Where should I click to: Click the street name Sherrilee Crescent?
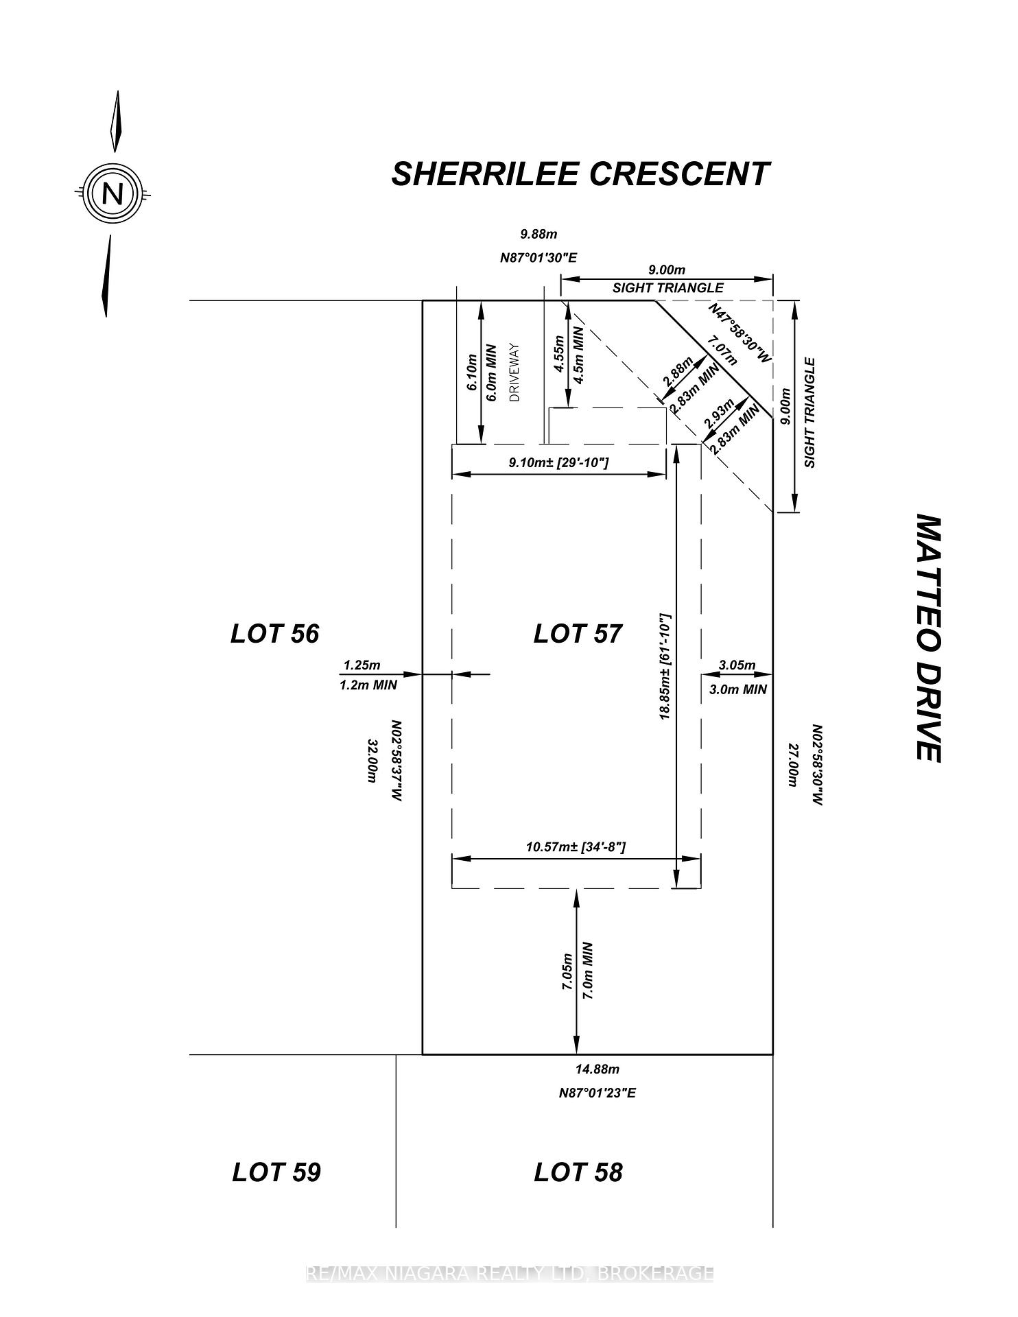(x=580, y=174)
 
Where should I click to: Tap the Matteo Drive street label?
(x=928, y=638)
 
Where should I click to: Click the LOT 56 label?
(x=275, y=633)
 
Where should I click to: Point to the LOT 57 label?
(x=578, y=633)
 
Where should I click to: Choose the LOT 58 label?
(x=578, y=1172)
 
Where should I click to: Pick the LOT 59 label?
(x=276, y=1172)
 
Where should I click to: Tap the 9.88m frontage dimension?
(x=538, y=235)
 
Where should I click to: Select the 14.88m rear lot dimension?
(x=597, y=1069)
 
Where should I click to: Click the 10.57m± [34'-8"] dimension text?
(x=576, y=847)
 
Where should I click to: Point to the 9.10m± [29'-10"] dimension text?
(x=558, y=463)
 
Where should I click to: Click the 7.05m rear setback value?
(x=567, y=971)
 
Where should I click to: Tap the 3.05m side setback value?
(x=737, y=665)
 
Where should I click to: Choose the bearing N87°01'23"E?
(x=597, y=1093)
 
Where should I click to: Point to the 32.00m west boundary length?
(x=374, y=761)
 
